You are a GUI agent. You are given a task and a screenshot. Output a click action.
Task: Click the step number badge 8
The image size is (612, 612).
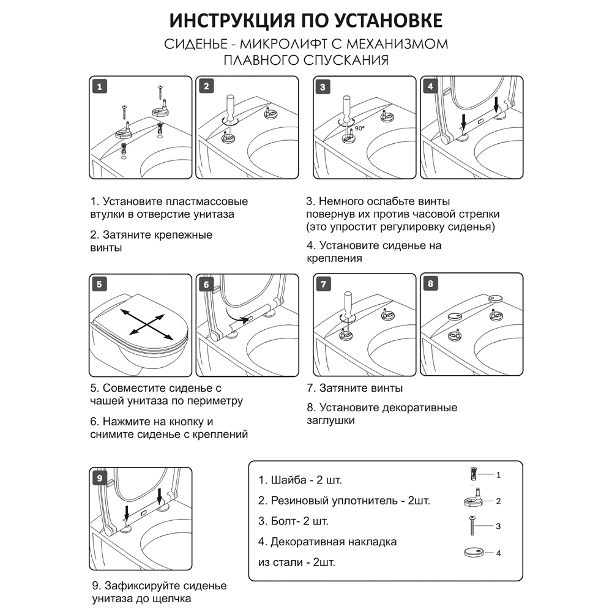click(431, 284)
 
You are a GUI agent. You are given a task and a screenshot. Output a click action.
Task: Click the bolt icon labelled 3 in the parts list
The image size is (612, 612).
click(472, 525)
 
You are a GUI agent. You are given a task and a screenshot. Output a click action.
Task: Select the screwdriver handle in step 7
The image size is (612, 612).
click(346, 301)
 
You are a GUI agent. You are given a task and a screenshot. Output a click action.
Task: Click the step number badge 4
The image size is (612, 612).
click(431, 86)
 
